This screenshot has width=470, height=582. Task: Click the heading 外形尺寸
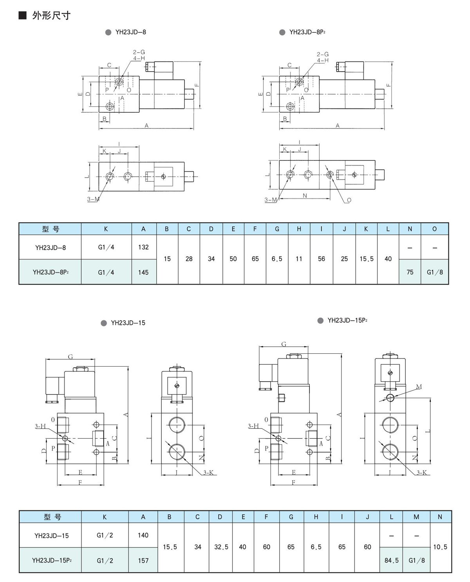tap(51, 15)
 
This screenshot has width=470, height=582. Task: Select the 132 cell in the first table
tap(143, 247)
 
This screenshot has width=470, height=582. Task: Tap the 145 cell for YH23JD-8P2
tap(143, 272)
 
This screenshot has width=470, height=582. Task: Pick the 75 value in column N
tap(410, 272)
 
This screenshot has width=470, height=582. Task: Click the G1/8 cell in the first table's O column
tap(435, 272)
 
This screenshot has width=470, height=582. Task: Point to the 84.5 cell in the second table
tap(392, 560)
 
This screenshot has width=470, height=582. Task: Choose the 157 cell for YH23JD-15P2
tap(143, 560)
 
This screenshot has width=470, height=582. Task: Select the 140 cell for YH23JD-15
tap(143, 535)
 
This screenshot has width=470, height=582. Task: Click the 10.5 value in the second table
tap(440, 547)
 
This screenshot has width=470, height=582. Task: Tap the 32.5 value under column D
tap(221, 547)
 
